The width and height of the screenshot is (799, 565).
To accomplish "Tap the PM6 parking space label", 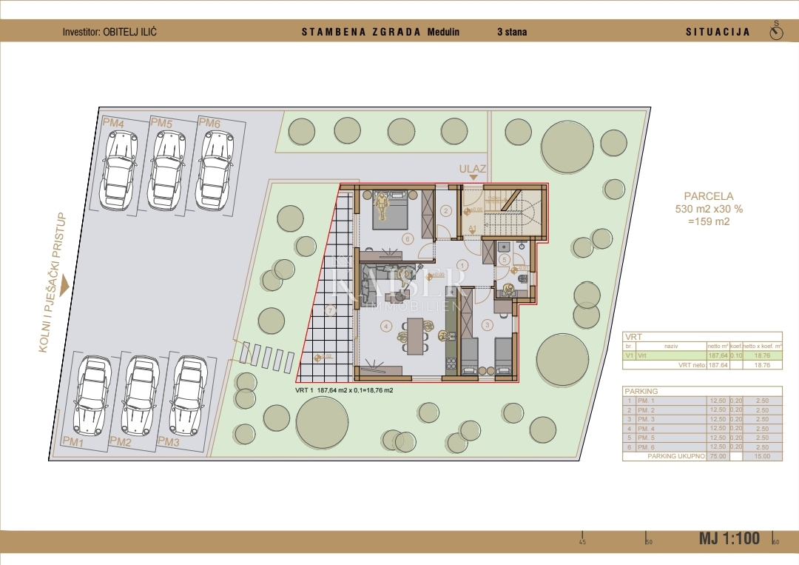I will (209, 123).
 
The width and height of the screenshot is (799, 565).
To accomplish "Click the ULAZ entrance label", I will (472, 169).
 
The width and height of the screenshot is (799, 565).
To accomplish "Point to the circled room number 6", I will (407, 238).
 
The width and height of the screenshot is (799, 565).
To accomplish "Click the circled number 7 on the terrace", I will (331, 310).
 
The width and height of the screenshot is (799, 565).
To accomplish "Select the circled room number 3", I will (488, 324).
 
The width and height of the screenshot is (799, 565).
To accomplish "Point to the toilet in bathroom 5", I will (523, 278).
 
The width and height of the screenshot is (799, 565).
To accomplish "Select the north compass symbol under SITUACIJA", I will (776, 33).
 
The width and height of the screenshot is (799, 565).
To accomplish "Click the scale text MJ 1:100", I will (729, 538).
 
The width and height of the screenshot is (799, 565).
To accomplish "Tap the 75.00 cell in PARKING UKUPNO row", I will (717, 456).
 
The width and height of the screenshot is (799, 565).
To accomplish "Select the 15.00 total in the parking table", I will (761, 456).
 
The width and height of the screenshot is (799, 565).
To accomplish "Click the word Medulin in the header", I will (444, 32).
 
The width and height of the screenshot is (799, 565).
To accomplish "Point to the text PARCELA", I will (708, 196).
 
